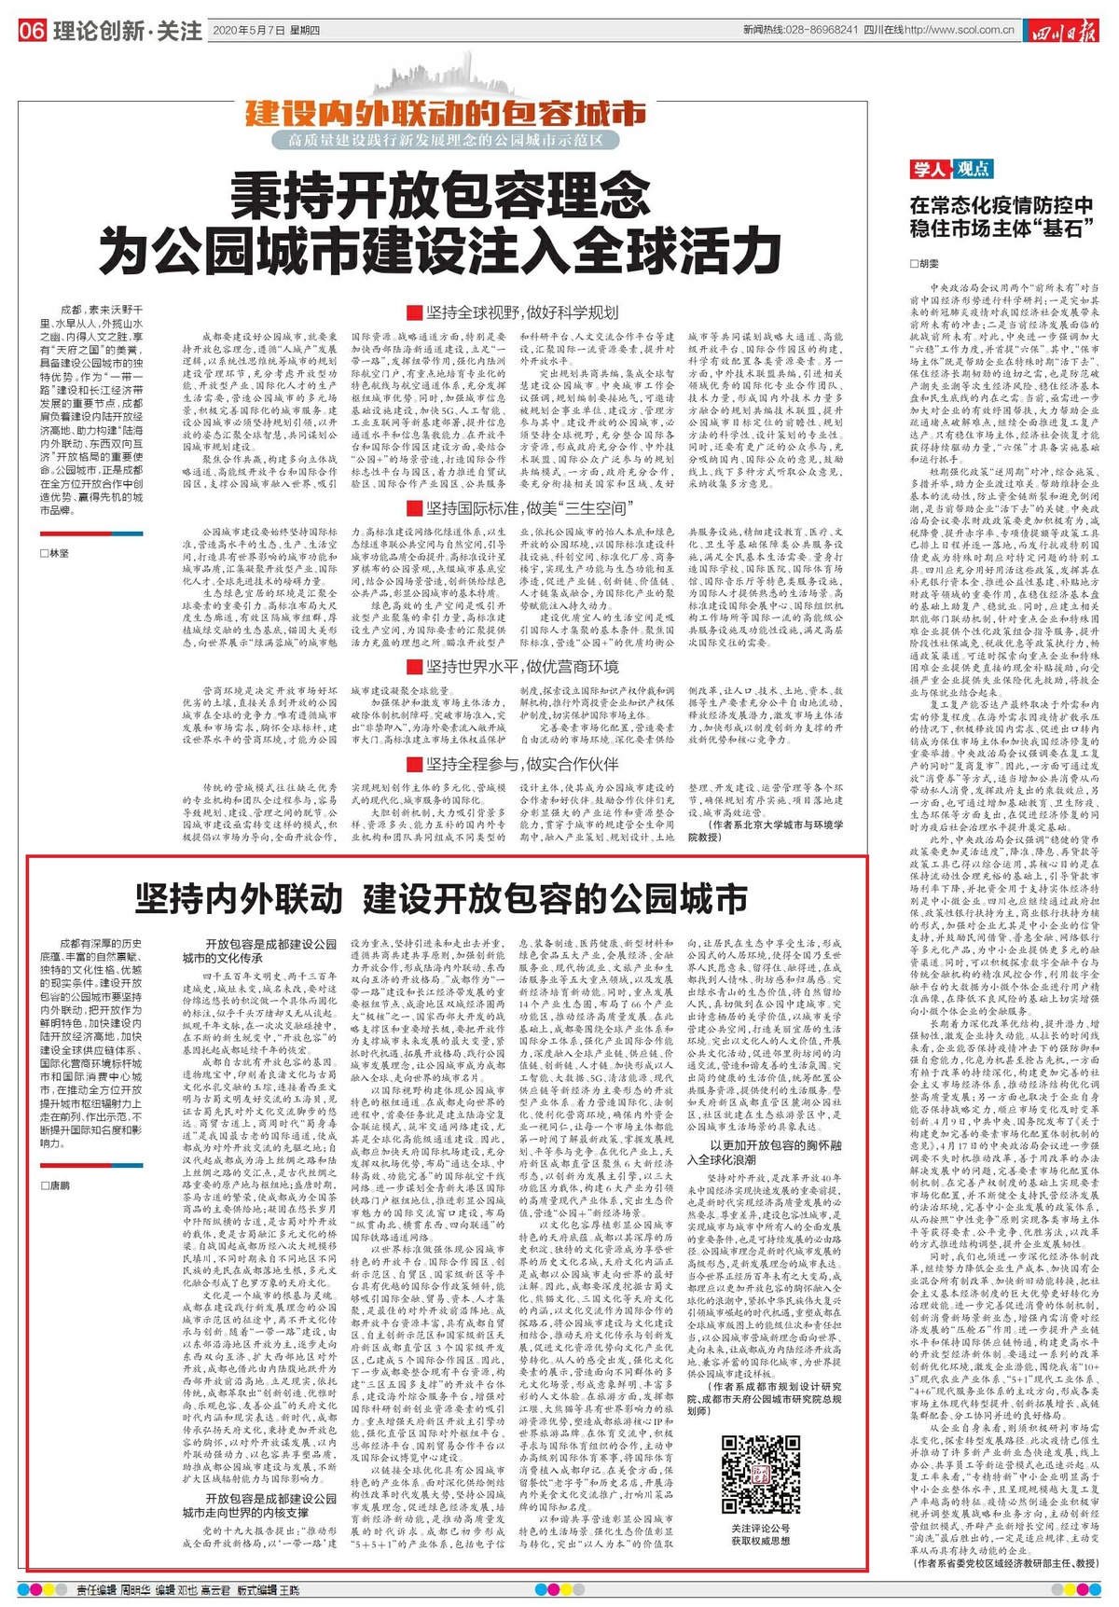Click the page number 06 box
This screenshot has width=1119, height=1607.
32,31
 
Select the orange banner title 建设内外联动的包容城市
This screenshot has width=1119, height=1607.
445,114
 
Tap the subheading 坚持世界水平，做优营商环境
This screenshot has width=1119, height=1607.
512,667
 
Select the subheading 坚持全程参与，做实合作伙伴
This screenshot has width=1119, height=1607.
512,764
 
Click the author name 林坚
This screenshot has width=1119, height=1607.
58,553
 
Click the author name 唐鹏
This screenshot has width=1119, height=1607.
58,1185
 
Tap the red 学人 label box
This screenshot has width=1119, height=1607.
930,169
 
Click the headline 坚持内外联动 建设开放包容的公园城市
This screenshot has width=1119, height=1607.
441,899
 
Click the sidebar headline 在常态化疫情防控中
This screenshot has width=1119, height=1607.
1002,204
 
